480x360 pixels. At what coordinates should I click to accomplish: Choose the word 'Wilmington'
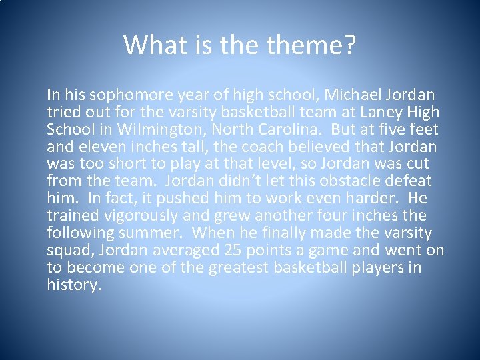tap(153, 130)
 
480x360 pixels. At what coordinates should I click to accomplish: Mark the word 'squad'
tap(67, 251)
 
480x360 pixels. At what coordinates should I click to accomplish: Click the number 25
tap(251, 251)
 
